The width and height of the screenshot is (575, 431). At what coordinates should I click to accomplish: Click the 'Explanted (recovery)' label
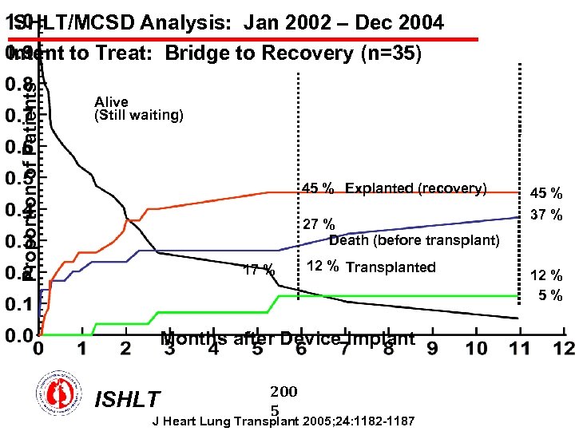pos(415,189)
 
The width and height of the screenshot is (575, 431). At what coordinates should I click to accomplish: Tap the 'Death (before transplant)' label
pos(414,240)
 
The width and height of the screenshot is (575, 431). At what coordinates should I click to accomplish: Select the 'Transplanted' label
pos(391,267)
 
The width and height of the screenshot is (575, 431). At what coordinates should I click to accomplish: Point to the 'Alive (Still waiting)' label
pos(138,109)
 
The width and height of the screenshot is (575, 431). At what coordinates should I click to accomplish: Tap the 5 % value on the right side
pos(550,295)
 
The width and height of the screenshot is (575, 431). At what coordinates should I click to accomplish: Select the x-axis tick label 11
pos(520,349)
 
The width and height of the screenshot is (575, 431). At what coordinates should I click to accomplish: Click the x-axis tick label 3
pos(170,349)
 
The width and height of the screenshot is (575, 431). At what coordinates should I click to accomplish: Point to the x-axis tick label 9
pos(432,349)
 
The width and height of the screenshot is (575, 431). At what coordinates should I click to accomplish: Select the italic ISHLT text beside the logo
pos(127,398)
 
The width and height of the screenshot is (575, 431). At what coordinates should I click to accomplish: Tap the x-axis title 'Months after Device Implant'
pos(287,338)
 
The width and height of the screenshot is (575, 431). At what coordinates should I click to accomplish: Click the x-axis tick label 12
pos(563,349)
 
